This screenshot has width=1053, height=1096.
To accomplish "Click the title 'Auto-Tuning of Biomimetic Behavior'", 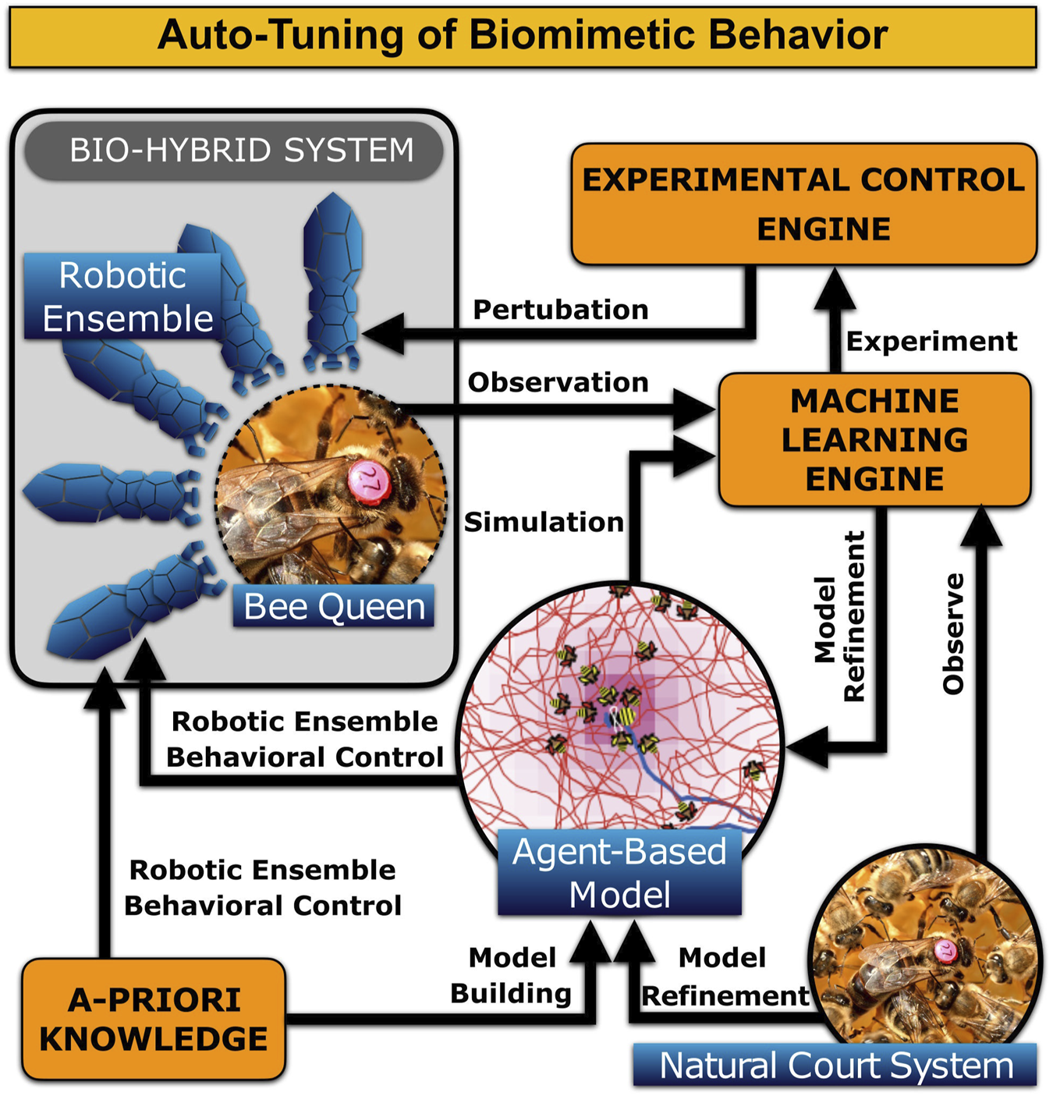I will [x=523, y=36].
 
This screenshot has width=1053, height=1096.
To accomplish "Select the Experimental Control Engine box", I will [x=803, y=204].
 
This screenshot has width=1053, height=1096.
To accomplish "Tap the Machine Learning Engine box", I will [x=874, y=440].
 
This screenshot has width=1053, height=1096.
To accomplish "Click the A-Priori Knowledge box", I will [x=154, y=1020].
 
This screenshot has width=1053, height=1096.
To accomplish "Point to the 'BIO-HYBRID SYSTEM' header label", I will [x=241, y=150].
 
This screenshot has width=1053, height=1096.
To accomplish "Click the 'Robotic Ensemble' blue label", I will [x=125, y=297].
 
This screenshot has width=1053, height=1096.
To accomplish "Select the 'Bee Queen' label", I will [x=334, y=606].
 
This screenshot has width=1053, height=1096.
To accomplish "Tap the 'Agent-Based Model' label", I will [x=619, y=872].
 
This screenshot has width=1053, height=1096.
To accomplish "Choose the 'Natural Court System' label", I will [x=835, y=1066].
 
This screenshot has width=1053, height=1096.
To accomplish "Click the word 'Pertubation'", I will [x=560, y=310].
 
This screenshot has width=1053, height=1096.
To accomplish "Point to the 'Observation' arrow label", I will [x=558, y=382].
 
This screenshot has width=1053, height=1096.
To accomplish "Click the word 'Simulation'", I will [x=544, y=522].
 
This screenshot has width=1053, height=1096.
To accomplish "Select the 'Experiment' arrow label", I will [x=931, y=341].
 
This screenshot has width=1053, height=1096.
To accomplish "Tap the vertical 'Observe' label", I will [x=953, y=633].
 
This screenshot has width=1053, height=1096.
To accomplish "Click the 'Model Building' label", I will [x=512, y=975].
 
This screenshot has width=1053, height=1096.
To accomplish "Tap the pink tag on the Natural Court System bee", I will [x=946, y=951].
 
